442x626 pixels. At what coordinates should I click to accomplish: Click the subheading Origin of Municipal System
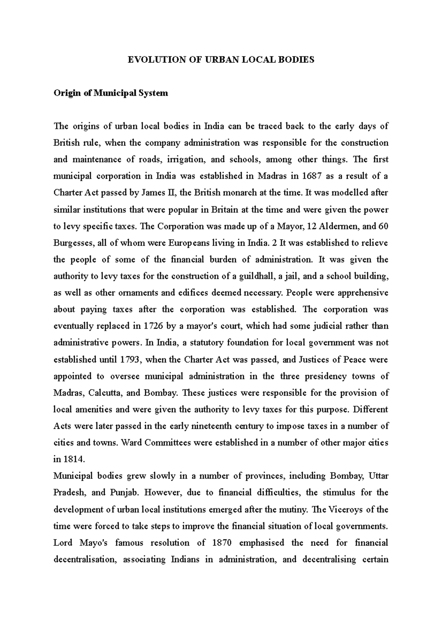coord(111,93)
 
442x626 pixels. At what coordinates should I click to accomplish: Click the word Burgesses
coord(71,243)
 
